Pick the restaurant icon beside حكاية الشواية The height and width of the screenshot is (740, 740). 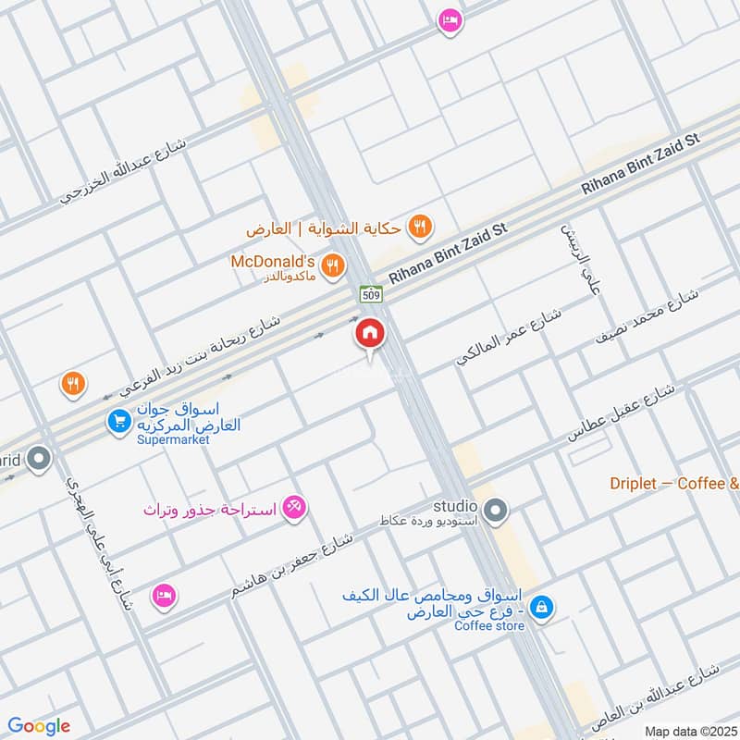click(421, 226)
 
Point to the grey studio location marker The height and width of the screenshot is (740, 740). click(496, 510)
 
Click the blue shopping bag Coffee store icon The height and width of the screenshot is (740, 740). click(545, 608)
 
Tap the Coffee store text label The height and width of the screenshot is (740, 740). click(489, 626)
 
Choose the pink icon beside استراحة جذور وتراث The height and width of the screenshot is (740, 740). click(294, 507)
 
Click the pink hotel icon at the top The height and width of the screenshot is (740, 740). click(450, 19)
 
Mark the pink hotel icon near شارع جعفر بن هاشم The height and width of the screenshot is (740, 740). click(164, 593)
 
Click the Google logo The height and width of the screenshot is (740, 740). click(39, 727)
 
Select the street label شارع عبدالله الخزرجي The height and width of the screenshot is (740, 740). click(123, 171)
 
